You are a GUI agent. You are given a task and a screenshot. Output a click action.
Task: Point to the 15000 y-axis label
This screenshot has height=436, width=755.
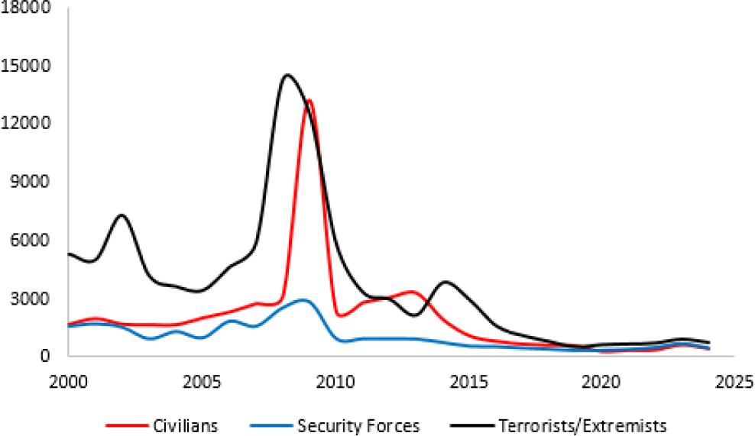[x=28, y=66]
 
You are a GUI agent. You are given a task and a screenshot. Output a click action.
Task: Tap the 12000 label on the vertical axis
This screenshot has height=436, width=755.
[x=28, y=124]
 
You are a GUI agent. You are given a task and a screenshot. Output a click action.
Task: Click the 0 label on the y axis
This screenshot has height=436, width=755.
[x=45, y=356]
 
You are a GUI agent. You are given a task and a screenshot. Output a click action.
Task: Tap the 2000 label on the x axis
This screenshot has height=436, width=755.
[x=68, y=379]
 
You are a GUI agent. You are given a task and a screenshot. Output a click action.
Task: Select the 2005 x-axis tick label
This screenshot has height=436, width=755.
[x=201, y=379]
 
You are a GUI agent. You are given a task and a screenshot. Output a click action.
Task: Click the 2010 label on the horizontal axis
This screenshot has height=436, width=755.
[x=334, y=379]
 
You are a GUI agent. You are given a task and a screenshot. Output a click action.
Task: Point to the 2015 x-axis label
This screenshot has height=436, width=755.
[x=467, y=379]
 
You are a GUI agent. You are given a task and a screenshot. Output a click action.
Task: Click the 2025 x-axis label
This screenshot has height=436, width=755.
[x=733, y=379]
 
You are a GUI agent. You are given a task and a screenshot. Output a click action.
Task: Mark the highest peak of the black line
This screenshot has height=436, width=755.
[x=287, y=75]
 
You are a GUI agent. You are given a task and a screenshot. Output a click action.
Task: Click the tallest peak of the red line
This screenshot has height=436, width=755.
[x=309, y=100]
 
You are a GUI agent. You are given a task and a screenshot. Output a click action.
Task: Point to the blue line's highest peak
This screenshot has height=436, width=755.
[x=303, y=300]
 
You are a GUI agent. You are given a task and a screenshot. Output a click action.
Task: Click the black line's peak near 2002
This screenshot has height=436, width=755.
[x=122, y=215]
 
